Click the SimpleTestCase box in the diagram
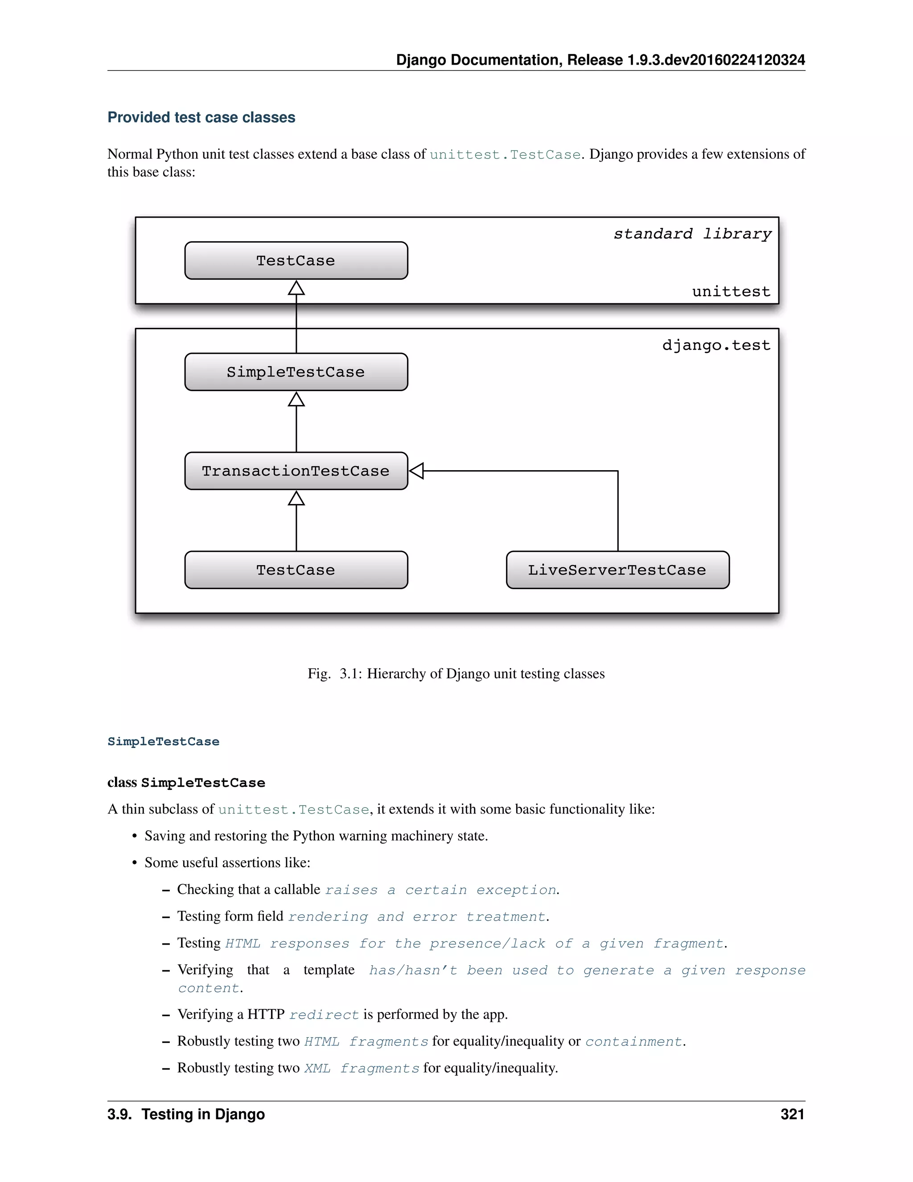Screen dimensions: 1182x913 point(296,372)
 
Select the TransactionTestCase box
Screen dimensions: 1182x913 point(296,471)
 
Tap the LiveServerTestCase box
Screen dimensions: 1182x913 point(617,570)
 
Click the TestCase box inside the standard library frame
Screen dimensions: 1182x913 point(296,260)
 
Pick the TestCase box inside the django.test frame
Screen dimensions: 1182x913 point(296,570)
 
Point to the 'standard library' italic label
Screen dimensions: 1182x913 point(692,234)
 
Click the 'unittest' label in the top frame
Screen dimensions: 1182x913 point(731,292)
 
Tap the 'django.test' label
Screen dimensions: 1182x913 point(716,345)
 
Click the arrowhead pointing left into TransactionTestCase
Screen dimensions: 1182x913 point(416,471)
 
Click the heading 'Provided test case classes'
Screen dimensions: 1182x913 point(201,117)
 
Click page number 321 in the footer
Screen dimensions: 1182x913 point(792,1114)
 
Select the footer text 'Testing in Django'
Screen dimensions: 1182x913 point(203,1114)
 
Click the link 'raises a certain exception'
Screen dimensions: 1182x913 point(440,890)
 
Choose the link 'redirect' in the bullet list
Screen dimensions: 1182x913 point(324,1015)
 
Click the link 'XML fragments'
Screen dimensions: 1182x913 point(361,1068)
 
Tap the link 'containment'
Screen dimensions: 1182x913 point(633,1042)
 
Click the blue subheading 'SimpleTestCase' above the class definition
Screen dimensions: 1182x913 point(163,741)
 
